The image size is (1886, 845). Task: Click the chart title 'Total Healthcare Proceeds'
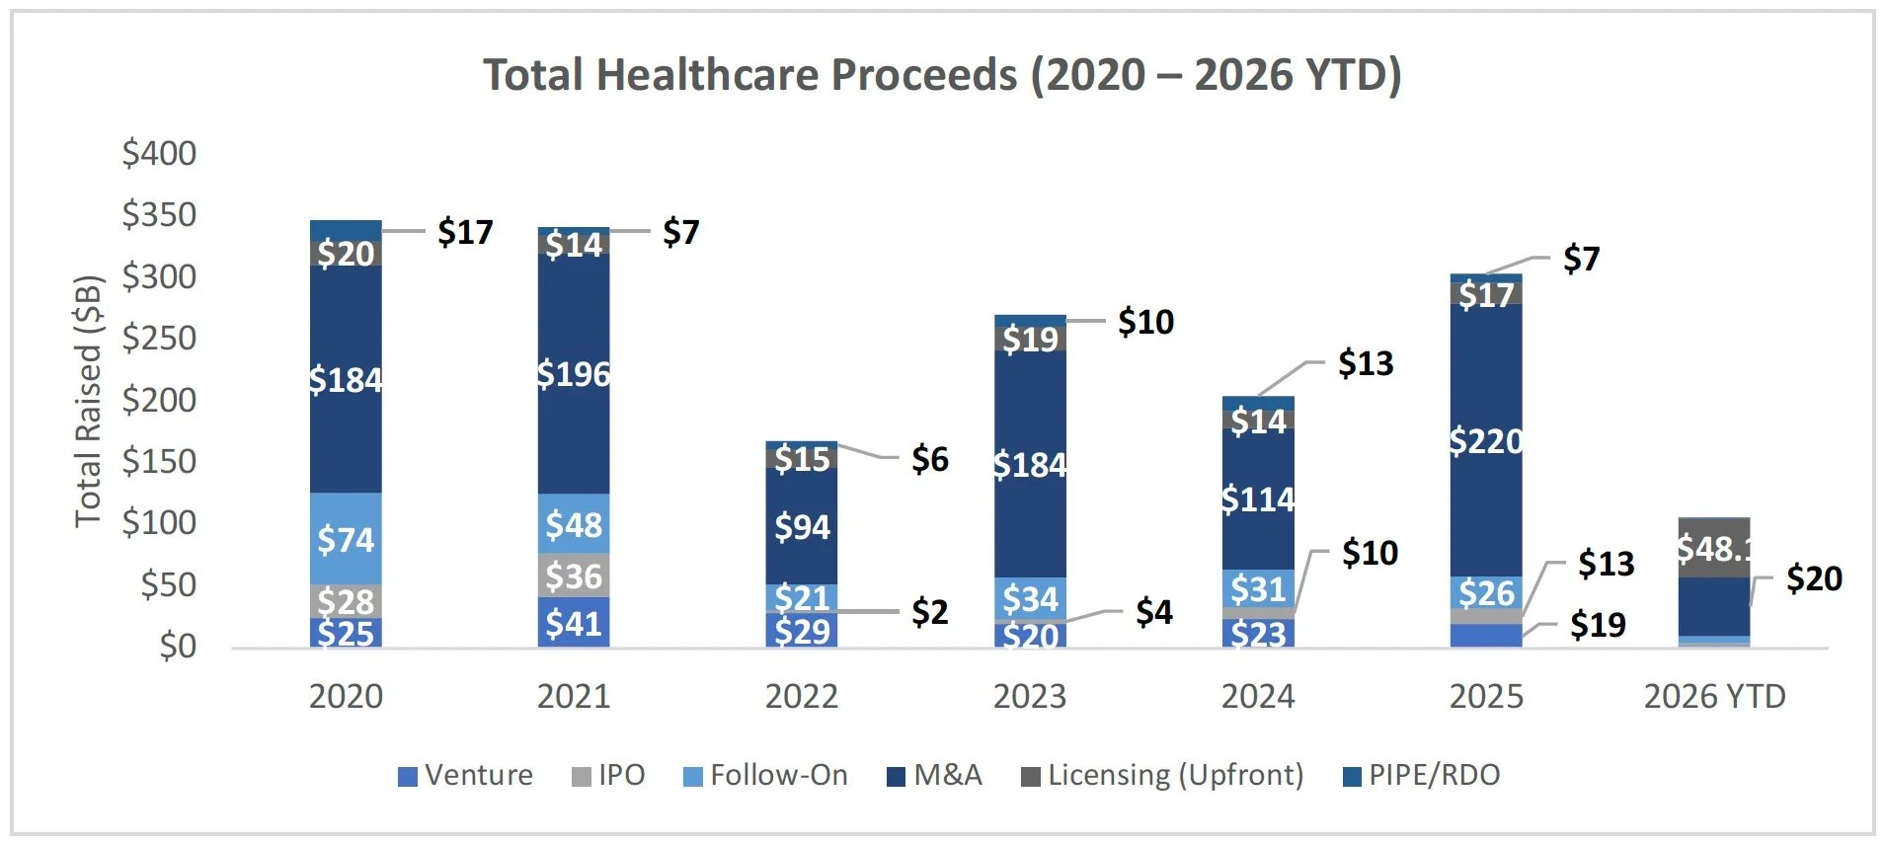click(941, 75)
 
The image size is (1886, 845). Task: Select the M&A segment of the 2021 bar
click(574, 374)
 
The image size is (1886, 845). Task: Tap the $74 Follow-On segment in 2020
click(346, 539)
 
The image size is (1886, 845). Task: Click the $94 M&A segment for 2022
click(802, 527)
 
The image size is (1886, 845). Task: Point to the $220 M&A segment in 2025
click(1486, 440)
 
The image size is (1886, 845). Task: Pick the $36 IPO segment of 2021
click(574, 576)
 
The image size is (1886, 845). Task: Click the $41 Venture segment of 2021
click(574, 623)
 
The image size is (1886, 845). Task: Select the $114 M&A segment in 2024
click(1258, 499)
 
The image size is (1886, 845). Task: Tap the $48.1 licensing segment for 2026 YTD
click(1714, 548)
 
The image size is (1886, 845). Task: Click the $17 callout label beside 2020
click(465, 232)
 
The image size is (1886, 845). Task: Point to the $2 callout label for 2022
click(929, 612)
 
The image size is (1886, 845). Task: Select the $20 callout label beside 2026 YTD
click(1814, 578)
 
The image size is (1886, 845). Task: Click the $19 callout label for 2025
click(1598, 625)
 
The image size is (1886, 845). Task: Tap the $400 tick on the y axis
click(159, 154)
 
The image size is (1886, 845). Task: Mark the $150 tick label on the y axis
click(159, 461)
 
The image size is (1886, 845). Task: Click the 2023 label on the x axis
click(1030, 697)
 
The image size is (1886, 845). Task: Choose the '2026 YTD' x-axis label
click(1714, 697)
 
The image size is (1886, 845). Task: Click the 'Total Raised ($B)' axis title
click(89, 401)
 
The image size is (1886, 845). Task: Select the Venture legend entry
click(465, 776)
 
